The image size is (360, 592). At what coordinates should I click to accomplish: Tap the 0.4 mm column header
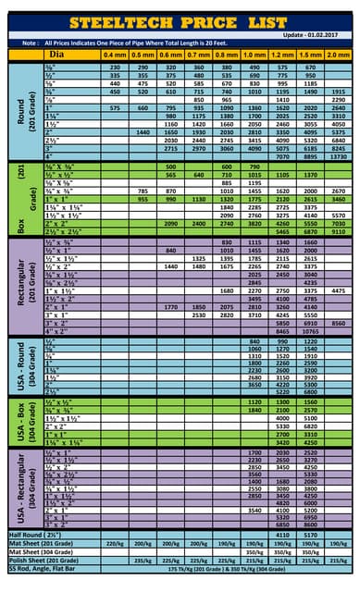click(x=115, y=55)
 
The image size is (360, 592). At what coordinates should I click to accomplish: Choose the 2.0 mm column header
click(x=338, y=55)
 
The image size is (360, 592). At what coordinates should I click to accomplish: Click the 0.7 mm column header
click(x=198, y=55)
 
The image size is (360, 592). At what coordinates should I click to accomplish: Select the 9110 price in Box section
click(x=338, y=232)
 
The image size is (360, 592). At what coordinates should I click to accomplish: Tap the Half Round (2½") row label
click(x=37, y=535)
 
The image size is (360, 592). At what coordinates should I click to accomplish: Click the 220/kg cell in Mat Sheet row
click(x=115, y=543)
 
